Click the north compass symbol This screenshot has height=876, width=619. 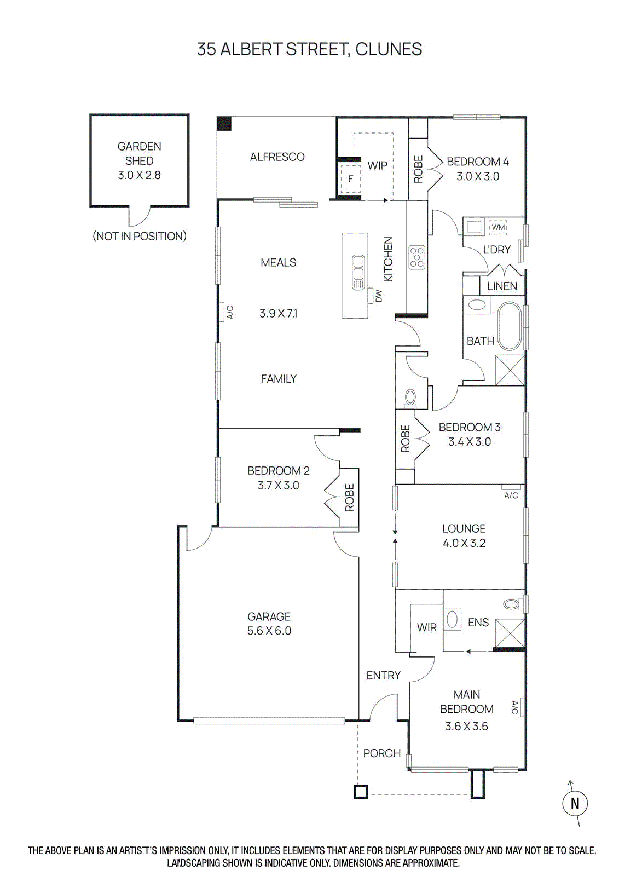[575, 803]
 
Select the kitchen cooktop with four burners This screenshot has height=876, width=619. [417, 257]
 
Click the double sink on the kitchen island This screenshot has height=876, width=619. [358, 272]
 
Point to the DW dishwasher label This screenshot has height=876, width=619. [378, 296]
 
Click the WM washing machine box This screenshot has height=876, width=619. [498, 227]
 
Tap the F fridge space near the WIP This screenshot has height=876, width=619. [350, 178]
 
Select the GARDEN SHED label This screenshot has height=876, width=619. [139, 153]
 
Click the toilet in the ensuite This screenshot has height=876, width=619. [511, 604]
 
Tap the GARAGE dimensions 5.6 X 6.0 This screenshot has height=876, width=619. [269, 631]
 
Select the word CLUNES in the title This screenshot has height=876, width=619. [389, 49]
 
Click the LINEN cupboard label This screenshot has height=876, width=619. [502, 286]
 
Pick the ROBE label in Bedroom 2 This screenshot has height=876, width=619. [349, 498]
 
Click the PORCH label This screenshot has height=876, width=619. [381, 753]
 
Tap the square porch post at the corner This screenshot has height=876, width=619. [360, 792]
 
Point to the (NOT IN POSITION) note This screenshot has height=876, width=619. [139, 236]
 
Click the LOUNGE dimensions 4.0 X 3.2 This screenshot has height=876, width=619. [464, 543]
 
